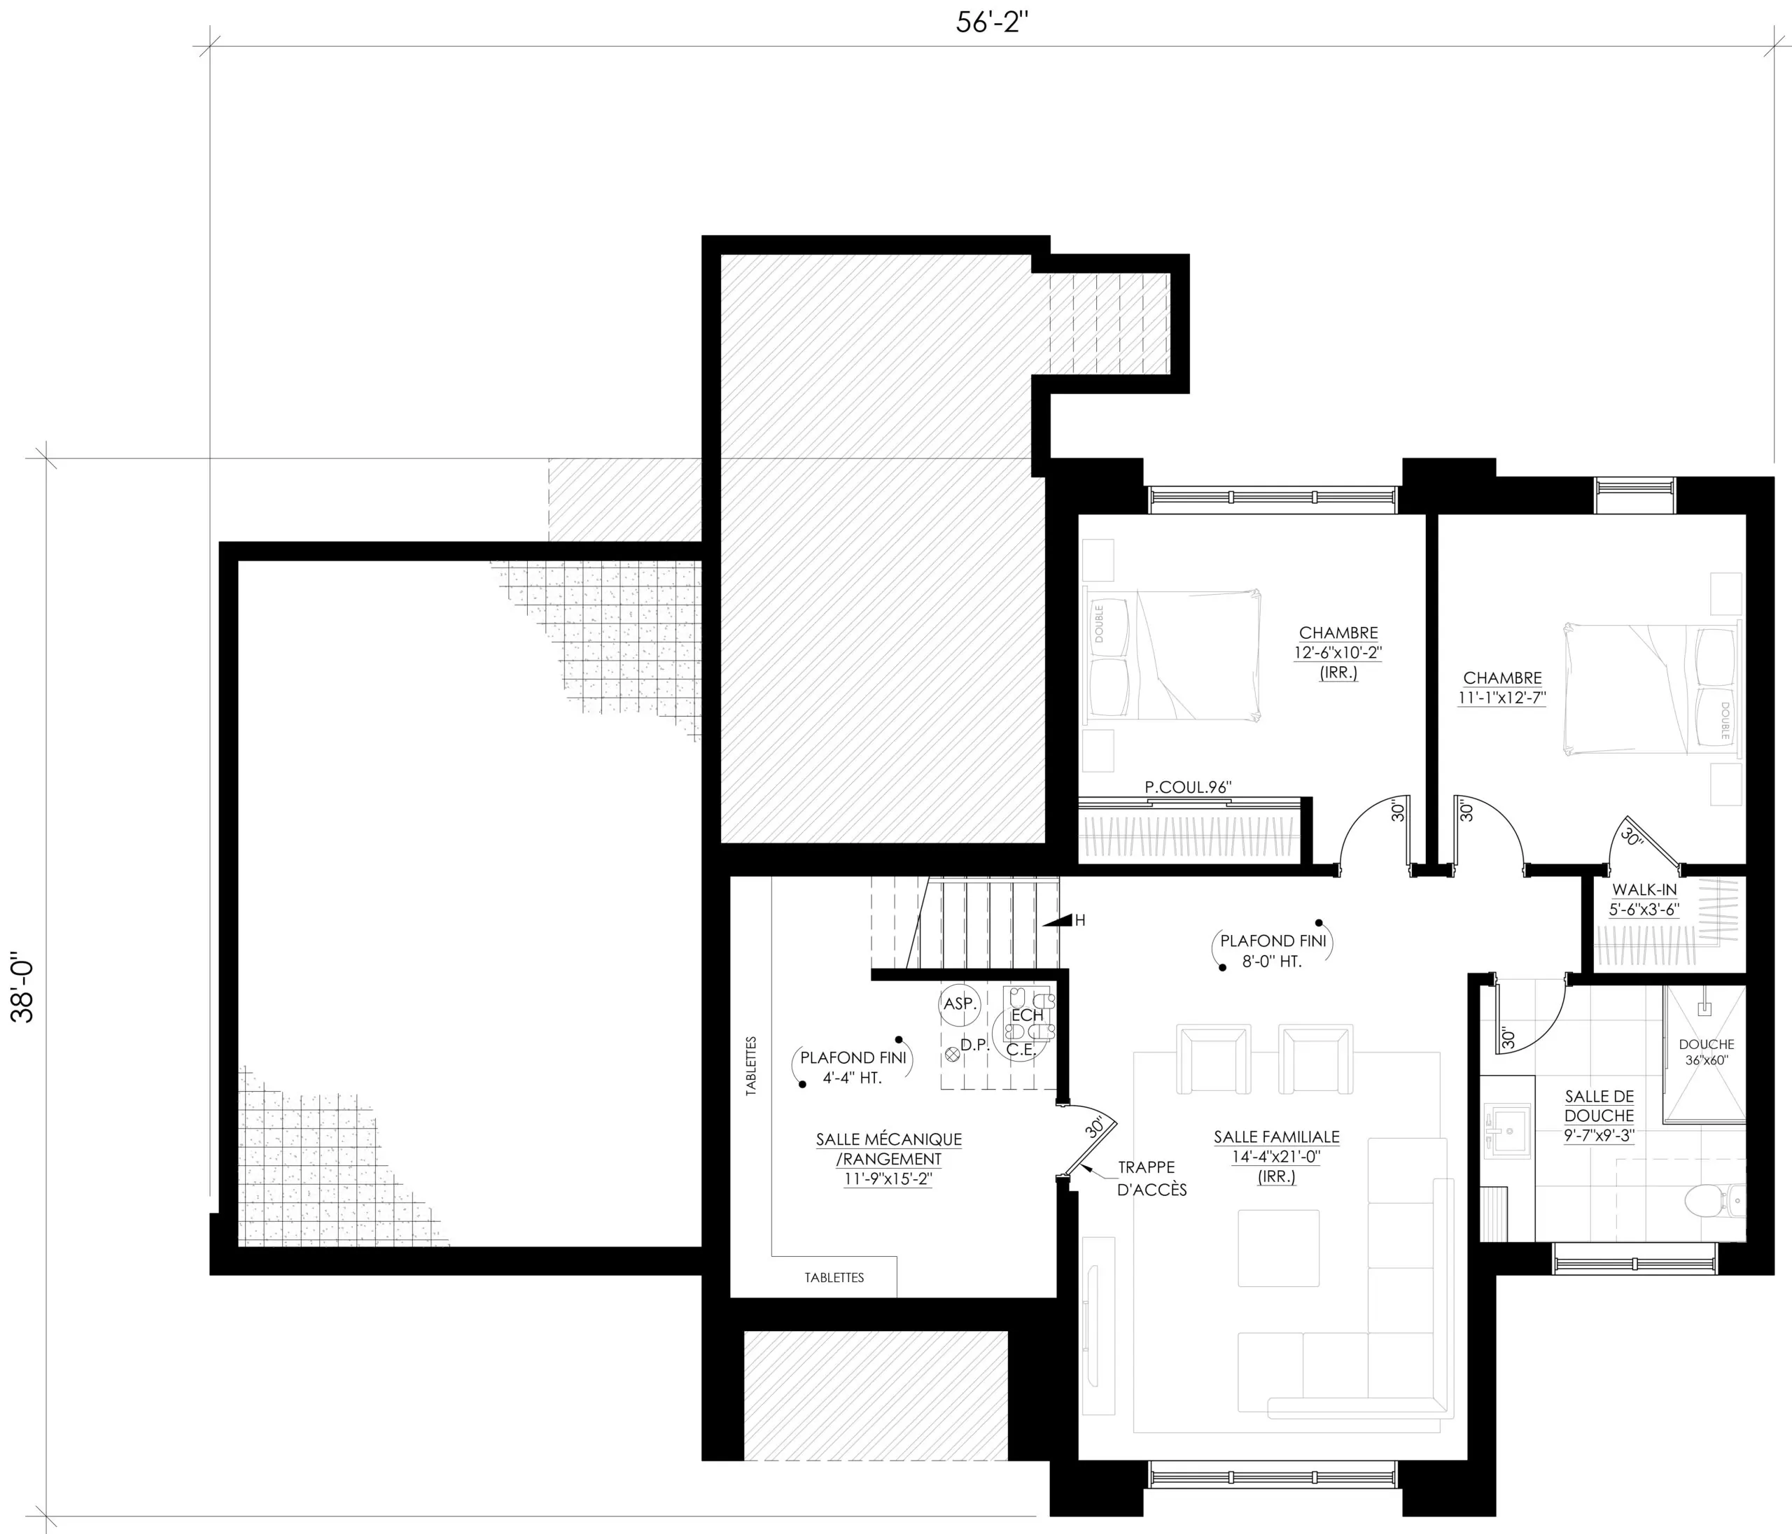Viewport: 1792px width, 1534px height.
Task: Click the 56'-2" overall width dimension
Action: (991, 23)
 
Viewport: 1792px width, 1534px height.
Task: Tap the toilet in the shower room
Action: (1714, 1199)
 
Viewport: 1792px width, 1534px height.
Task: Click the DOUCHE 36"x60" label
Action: (1707, 1053)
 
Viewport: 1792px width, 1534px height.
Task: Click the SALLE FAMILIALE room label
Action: (1277, 1156)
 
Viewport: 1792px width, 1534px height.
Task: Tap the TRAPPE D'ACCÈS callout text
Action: (1152, 1178)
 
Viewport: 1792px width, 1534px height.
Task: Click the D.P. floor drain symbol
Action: (953, 1053)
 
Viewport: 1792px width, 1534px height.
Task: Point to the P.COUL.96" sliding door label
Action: (1187, 787)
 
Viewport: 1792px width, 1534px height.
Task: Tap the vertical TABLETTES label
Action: (750, 1067)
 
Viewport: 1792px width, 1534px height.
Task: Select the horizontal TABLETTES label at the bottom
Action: (834, 1277)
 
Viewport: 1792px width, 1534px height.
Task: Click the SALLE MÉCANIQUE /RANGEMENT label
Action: (888, 1160)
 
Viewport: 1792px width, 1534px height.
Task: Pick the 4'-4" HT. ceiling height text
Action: (852, 1078)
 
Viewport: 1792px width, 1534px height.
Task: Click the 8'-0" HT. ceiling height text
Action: (1272, 961)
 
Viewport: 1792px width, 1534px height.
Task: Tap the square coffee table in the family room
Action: (1278, 1248)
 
